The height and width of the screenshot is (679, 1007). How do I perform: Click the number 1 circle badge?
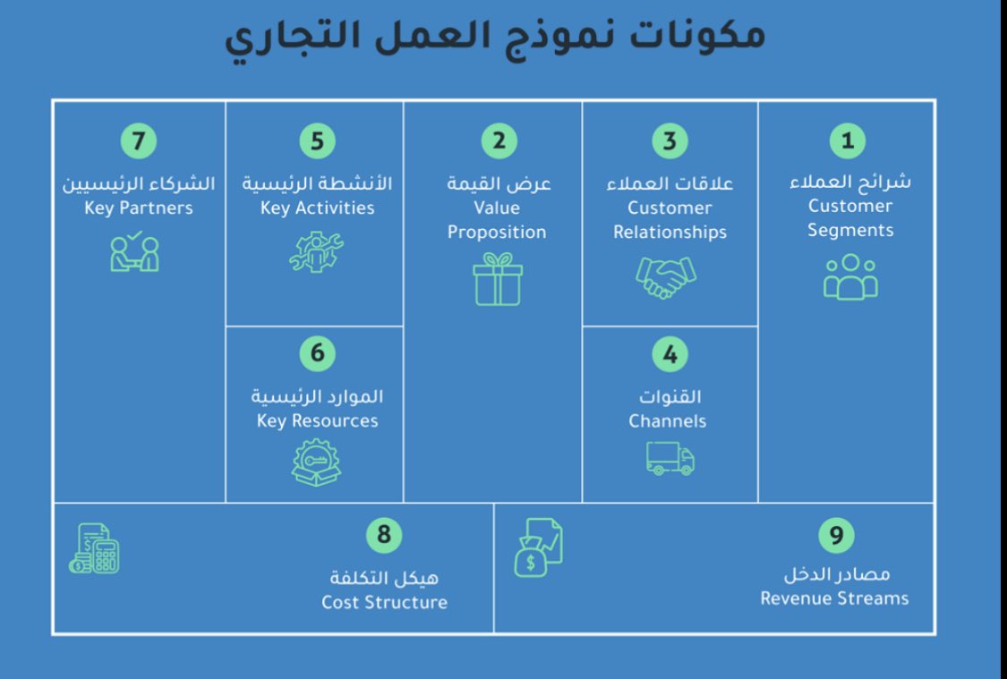click(x=847, y=140)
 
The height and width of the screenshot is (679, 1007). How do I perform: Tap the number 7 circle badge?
click(x=139, y=140)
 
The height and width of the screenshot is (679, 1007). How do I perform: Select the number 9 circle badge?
click(x=836, y=535)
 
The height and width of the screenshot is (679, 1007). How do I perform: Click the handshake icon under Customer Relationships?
click(x=665, y=277)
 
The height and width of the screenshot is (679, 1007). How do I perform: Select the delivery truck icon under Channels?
click(x=670, y=458)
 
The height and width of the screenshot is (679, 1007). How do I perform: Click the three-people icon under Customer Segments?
click(x=850, y=276)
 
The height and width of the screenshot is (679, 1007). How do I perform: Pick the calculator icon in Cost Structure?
click(x=94, y=548)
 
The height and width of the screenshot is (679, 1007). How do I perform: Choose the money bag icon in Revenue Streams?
click(x=537, y=547)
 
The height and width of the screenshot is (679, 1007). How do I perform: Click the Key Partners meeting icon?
click(x=135, y=252)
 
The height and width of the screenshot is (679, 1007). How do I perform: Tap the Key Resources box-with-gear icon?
click(x=316, y=463)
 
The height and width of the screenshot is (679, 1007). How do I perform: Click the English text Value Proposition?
click(x=497, y=220)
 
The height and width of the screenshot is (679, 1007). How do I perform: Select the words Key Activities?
click(x=317, y=208)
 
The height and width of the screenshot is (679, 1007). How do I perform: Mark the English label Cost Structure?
click(x=384, y=602)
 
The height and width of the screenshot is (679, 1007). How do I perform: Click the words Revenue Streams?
click(x=834, y=598)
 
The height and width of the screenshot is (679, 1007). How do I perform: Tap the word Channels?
click(x=668, y=420)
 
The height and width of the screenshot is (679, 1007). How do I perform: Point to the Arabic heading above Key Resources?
click(x=317, y=396)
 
